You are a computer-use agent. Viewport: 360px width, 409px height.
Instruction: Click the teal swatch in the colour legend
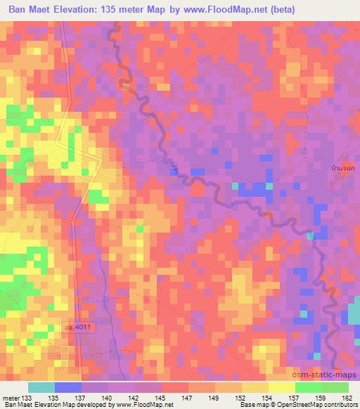pos(41,387)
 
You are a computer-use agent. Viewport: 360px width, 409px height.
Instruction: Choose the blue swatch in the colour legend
pos(68,387)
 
